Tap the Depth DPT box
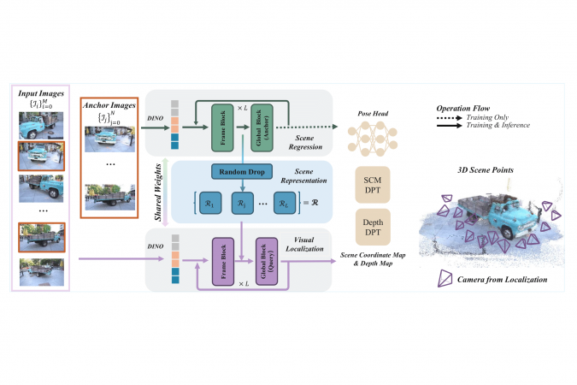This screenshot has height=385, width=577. coord(373,227)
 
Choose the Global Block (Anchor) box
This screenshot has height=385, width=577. coord(264,127)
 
